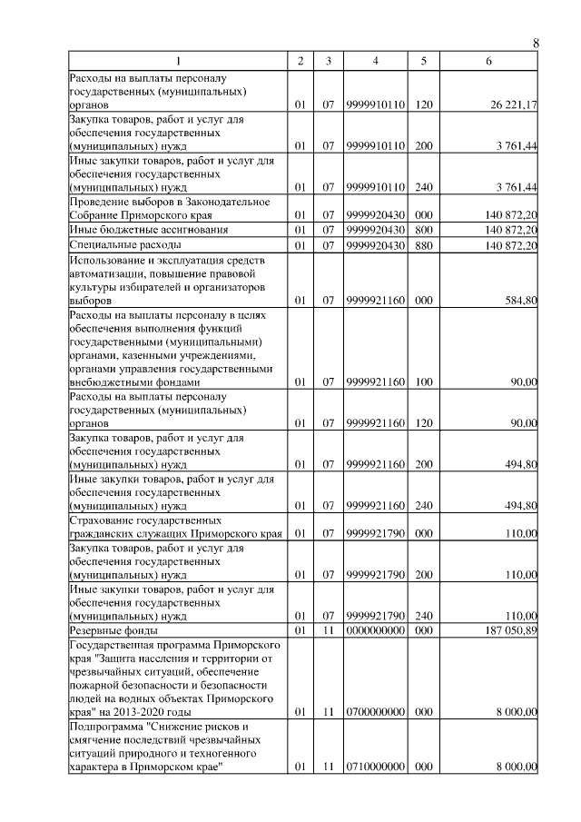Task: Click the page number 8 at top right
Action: point(536,43)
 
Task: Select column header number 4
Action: point(375,61)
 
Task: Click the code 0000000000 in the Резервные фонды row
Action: point(375,629)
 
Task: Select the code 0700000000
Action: point(375,713)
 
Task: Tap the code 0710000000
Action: point(375,768)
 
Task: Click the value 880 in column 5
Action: point(423,244)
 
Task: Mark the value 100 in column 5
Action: point(423,382)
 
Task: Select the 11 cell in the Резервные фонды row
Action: point(329,629)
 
